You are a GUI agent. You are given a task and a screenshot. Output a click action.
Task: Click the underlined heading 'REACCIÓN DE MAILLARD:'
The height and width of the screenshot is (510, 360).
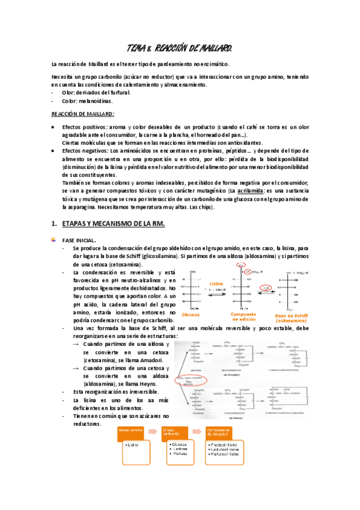(82, 114)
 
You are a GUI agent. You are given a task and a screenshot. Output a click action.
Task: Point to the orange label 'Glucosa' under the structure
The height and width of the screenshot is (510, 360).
(191, 315)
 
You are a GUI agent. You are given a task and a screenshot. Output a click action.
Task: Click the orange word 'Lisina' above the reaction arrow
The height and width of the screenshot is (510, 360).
(217, 283)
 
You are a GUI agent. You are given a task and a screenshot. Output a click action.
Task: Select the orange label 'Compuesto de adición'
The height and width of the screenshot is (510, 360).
(243, 316)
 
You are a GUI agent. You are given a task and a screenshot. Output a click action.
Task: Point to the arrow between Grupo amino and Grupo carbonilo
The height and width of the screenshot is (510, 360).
(153, 431)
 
